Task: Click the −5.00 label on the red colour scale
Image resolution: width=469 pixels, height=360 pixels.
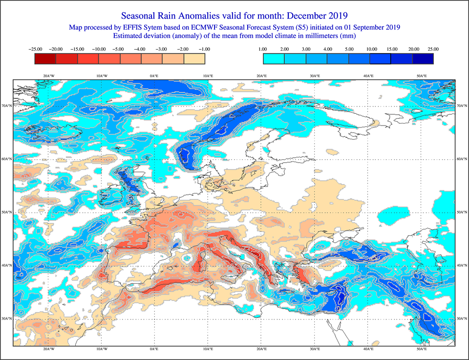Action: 120,49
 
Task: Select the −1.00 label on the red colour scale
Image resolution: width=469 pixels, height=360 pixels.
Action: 205,49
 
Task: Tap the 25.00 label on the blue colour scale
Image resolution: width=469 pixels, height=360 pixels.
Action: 433,49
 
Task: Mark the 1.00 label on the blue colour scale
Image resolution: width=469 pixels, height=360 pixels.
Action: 263,49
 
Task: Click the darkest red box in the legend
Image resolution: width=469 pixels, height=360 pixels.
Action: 45,59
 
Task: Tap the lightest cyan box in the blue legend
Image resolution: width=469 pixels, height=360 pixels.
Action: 274,59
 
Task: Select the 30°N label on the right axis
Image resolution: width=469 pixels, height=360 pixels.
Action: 462,319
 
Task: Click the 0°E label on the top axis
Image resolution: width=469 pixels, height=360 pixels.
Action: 154,76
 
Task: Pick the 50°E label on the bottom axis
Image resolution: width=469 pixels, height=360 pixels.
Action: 422,350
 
